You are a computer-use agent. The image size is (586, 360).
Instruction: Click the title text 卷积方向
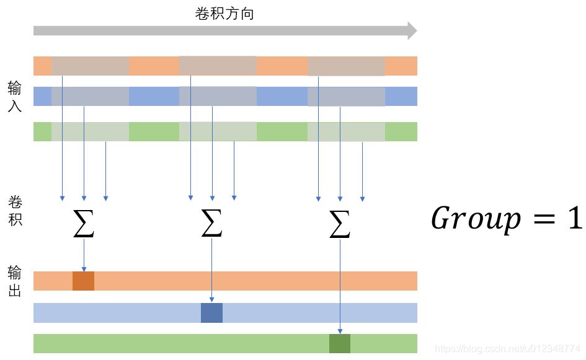tap(224, 14)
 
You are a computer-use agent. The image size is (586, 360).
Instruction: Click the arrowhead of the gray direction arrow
tap(412, 30)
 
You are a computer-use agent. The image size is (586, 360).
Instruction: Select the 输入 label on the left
tap(15, 96)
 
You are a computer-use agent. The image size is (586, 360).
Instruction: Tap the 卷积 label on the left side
tap(15, 210)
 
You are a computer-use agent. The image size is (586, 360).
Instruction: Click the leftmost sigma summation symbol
tap(84, 224)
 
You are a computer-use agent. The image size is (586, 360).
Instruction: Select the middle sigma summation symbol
tap(211, 224)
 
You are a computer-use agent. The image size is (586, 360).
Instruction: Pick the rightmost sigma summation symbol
tap(340, 224)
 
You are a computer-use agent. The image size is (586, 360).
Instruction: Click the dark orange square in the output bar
tap(83, 281)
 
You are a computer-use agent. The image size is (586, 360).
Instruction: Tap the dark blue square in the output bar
tap(211, 313)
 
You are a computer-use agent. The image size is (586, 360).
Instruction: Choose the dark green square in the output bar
tap(339, 343)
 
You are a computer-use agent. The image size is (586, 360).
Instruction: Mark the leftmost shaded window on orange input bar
tap(90, 66)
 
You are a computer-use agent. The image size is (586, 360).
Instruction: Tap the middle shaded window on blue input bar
tap(218, 96)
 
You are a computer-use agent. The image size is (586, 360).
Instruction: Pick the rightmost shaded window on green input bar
tap(346, 131)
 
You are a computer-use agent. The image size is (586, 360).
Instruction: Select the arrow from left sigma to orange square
tap(84, 255)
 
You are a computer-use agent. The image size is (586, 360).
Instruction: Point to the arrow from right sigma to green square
tap(340, 285)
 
